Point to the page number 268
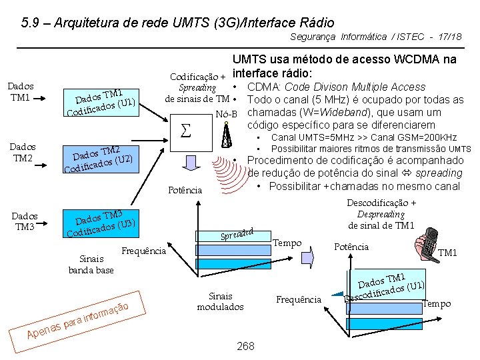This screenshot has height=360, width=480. pyautogui.click(x=245, y=346)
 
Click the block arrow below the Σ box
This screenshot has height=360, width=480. pyautogui.click(x=190, y=164)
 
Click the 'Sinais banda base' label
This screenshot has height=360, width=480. pyautogui.click(x=91, y=264)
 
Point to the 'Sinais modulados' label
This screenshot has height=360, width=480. pyautogui.click(x=220, y=301)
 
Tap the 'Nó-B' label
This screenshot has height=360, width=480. pyautogui.click(x=227, y=114)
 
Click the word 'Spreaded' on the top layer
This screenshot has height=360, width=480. pyautogui.click(x=238, y=234)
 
